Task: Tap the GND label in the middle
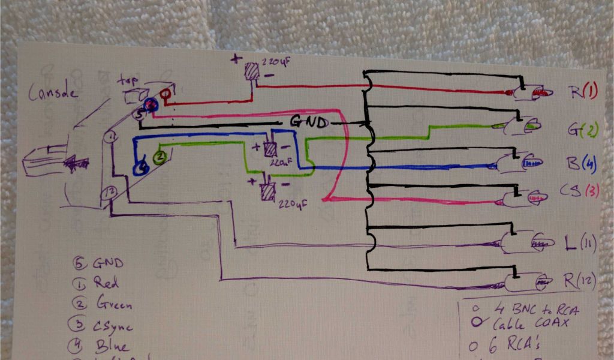coord(309,122)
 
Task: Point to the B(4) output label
coord(583,163)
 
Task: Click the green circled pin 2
coord(160,158)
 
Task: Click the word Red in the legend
coord(107,283)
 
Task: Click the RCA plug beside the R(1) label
coord(528,92)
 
